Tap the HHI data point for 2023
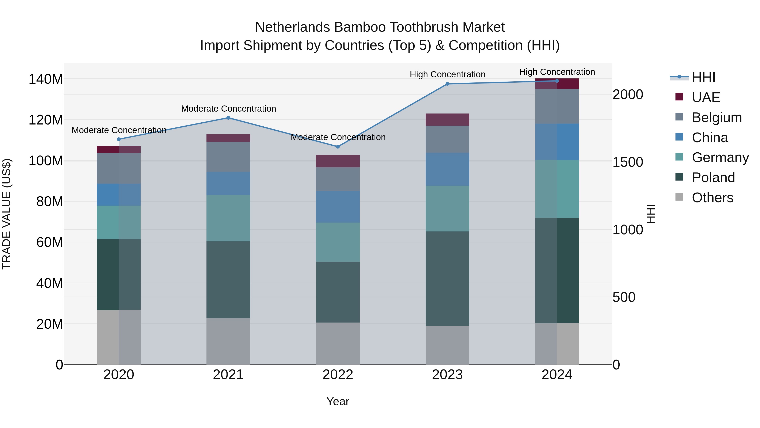point(447,84)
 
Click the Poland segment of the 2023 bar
point(447,279)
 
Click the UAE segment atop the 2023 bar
point(447,120)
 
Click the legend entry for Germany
point(720,157)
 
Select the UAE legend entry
point(706,97)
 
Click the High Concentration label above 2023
point(447,74)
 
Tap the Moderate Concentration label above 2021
point(228,109)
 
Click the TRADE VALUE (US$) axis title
point(7,214)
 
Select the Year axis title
point(338,401)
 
